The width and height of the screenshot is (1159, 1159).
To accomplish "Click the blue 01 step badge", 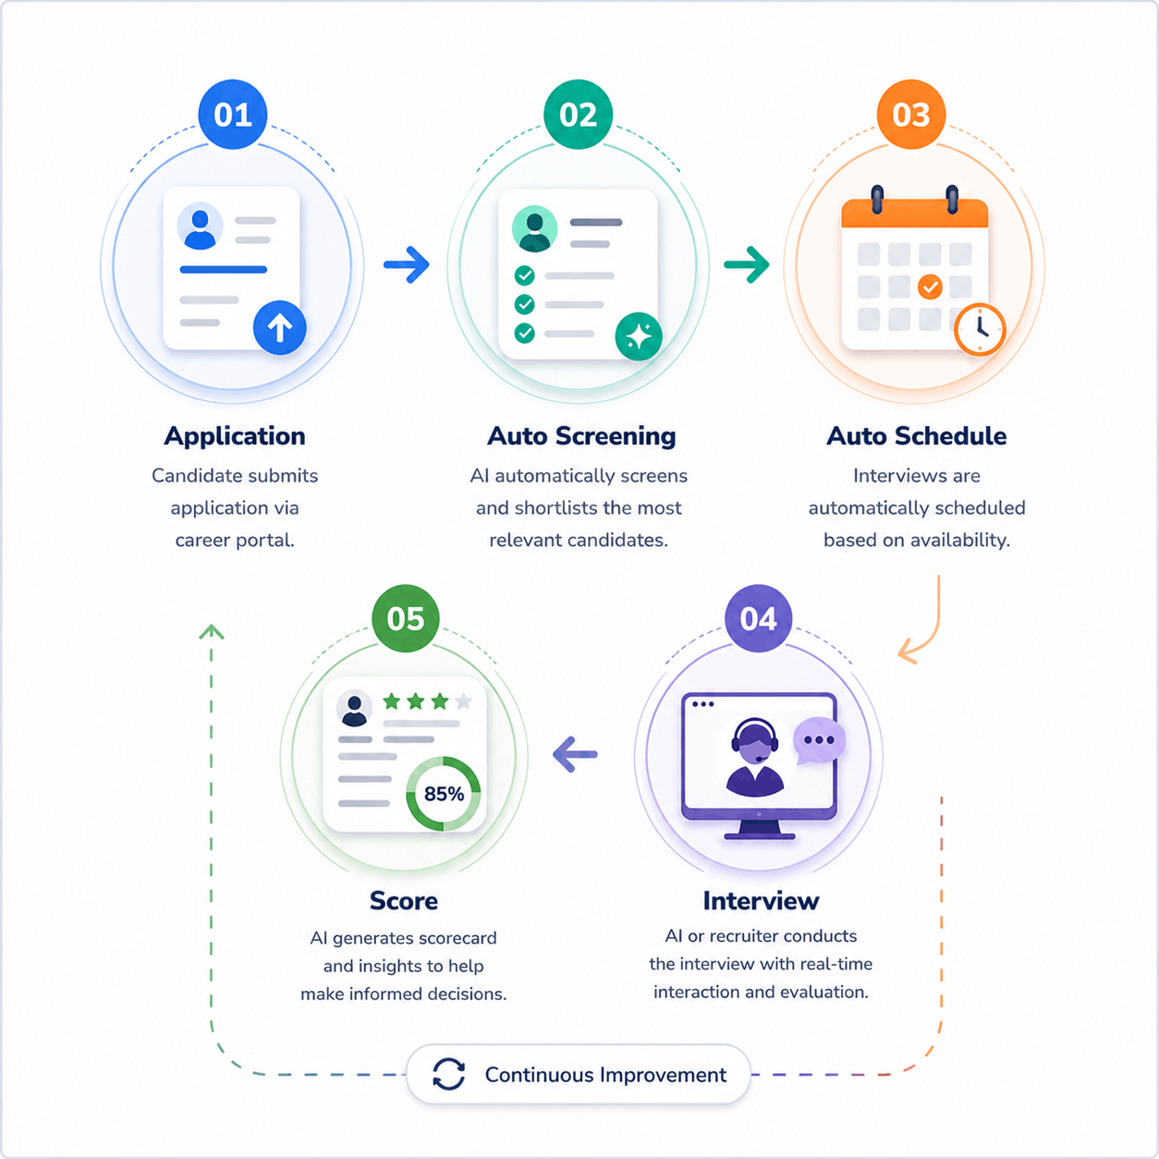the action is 232,115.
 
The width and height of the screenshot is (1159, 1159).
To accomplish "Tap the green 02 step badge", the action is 578,115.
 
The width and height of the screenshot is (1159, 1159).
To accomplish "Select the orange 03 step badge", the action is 910,115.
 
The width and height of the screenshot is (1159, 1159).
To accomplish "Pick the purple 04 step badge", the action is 759,618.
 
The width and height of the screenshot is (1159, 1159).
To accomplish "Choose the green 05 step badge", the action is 406,618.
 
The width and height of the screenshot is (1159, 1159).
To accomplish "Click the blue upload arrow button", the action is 280,328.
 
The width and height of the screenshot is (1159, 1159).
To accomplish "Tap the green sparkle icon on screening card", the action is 639,336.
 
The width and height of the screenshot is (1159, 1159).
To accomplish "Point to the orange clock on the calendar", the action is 980,330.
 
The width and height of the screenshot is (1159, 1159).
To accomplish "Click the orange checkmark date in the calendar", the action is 930,287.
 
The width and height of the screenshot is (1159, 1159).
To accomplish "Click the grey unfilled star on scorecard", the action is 464,701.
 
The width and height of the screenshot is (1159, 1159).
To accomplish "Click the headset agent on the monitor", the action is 755,758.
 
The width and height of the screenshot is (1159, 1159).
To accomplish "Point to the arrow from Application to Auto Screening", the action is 407,264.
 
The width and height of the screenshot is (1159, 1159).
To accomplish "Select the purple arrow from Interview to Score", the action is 575,754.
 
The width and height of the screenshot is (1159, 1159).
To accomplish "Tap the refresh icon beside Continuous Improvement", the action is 448,1074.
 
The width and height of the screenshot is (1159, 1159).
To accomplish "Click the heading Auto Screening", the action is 581,436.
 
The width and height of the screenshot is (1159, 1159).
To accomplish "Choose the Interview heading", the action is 761,900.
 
